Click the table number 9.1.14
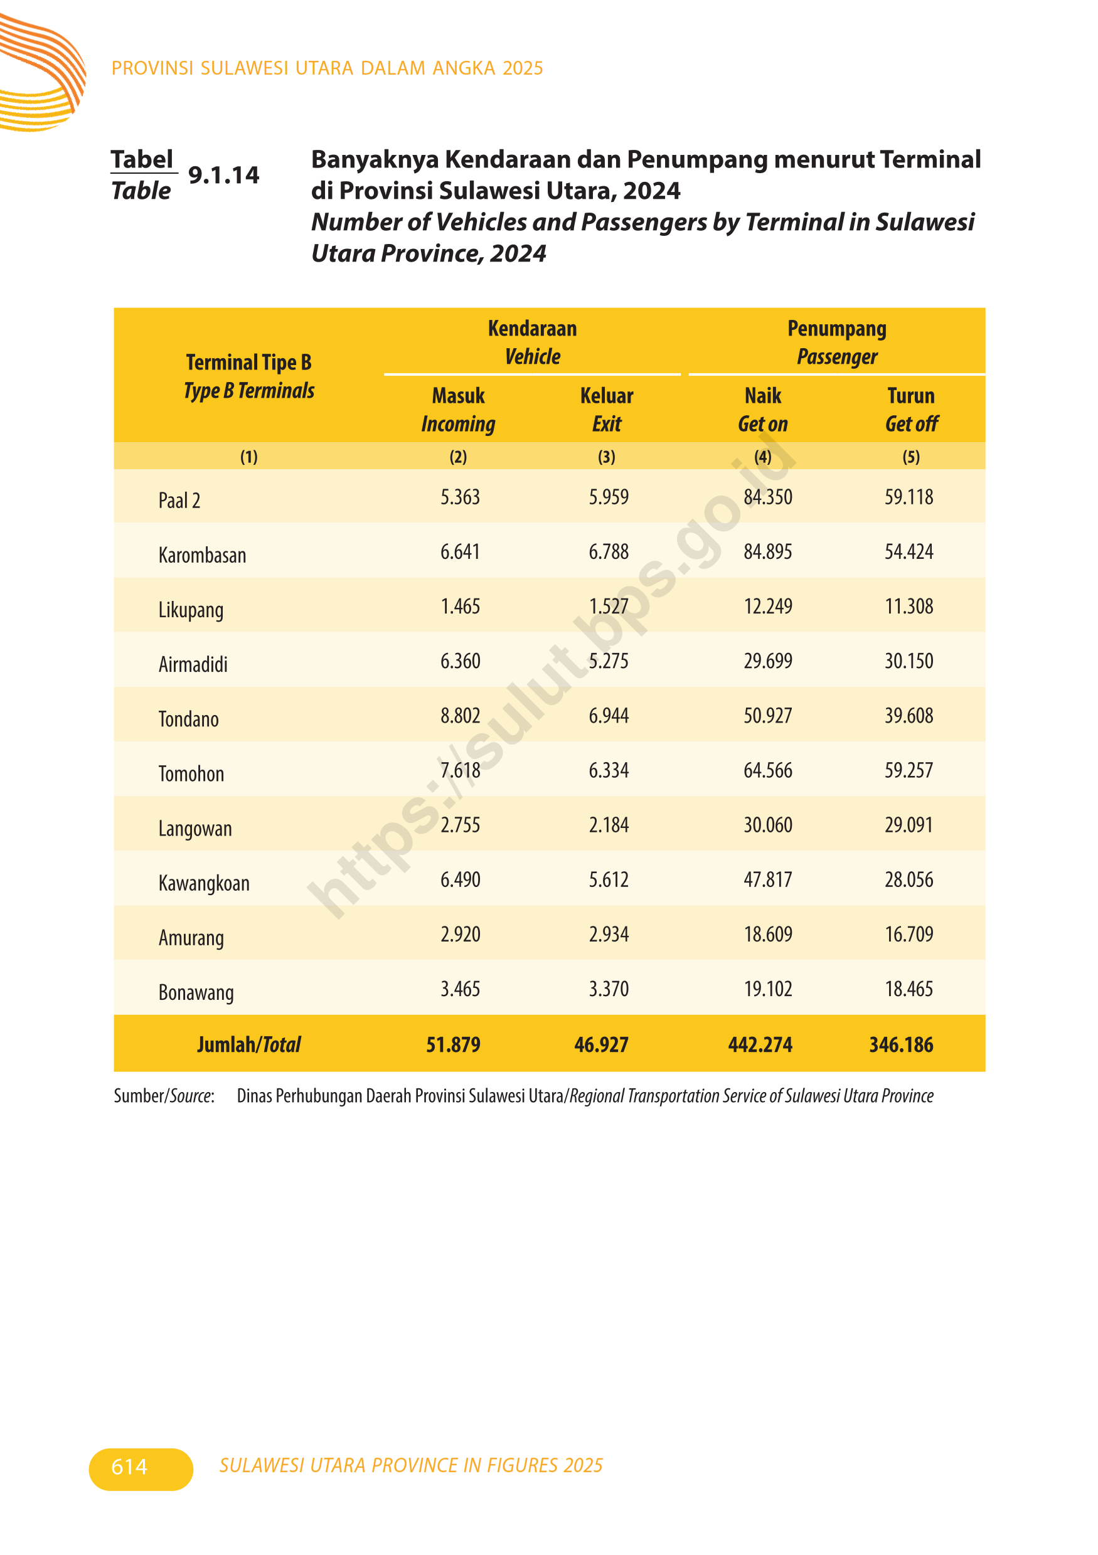click(223, 176)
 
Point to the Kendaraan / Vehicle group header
click(533, 342)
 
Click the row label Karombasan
click(202, 555)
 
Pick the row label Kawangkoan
click(204, 883)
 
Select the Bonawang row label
click(196, 992)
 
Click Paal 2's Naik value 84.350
click(767, 497)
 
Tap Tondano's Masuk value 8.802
click(460, 716)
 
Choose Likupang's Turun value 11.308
click(909, 606)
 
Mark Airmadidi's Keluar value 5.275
click(608, 661)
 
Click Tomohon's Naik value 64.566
click(767, 771)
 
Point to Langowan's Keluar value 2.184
click(608, 825)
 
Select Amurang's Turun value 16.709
click(909, 935)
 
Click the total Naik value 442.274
click(760, 1045)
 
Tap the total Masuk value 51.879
click(453, 1045)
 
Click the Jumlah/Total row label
click(248, 1045)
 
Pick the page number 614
click(129, 1467)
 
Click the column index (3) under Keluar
click(606, 457)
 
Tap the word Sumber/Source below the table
click(164, 1096)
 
